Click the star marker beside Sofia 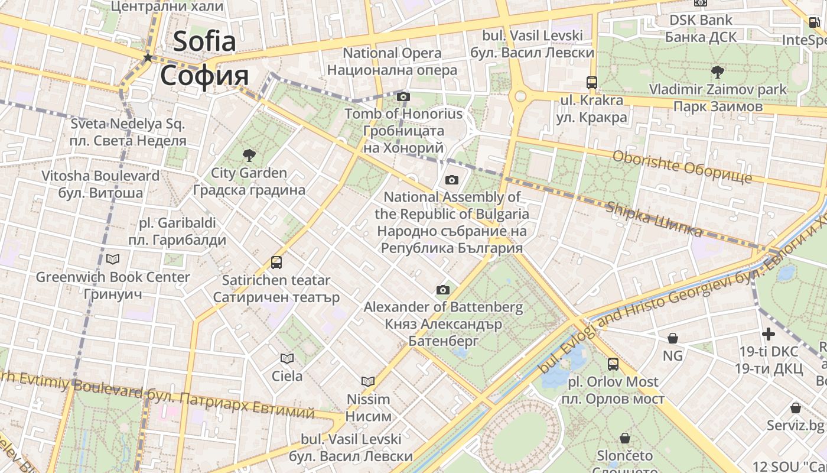point(148,57)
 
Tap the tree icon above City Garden point(249,155)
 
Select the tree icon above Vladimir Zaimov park point(718,72)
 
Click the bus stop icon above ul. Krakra point(591,82)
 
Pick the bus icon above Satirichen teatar point(276,262)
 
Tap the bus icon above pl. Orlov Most point(613,364)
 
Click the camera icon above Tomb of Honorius point(403,96)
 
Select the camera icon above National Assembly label point(451,180)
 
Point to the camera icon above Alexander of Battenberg point(442,290)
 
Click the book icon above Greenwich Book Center point(113,259)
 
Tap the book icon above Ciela point(287,358)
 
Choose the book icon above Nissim point(368,382)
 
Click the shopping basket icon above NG point(672,338)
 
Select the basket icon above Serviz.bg point(795,408)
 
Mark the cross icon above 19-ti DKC point(768,334)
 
